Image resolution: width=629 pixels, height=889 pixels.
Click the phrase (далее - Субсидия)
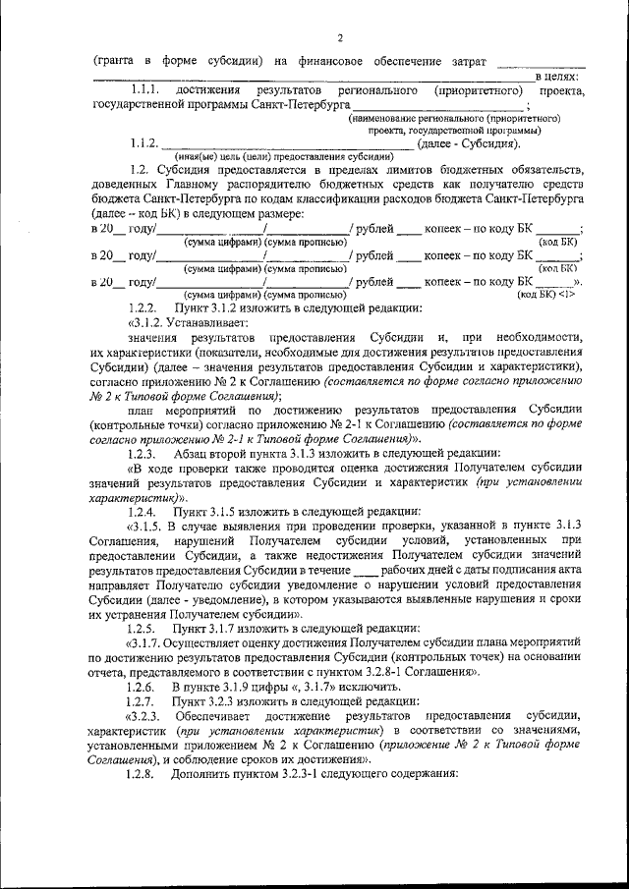pyautogui.click(x=469, y=144)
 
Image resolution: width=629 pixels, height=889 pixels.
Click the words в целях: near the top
pyautogui.click(x=556, y=76)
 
